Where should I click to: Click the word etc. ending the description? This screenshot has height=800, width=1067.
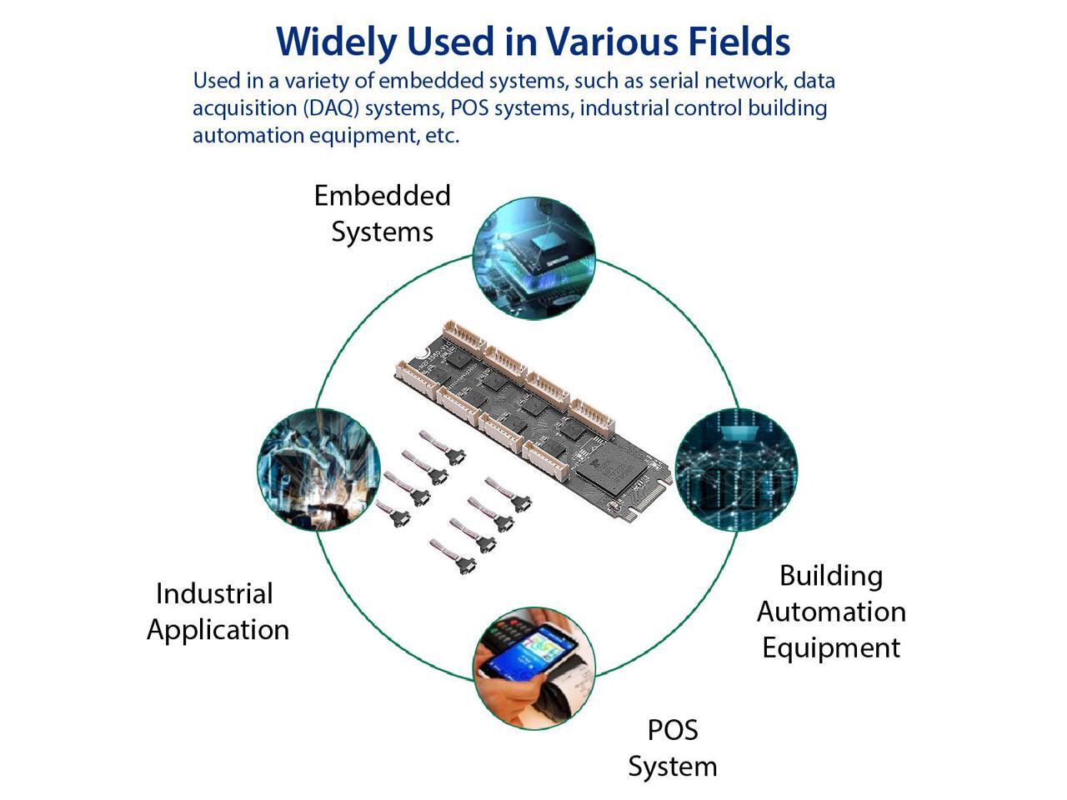click(442, 136)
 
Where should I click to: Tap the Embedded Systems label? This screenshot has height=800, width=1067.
click(382, 213)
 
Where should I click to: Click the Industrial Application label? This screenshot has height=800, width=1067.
click(218, 612)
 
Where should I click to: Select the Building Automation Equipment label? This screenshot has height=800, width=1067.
click(831, 612)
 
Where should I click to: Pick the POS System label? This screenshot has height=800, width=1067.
click(672, 748)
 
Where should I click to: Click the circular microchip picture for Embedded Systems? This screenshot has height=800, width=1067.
click(533, 258)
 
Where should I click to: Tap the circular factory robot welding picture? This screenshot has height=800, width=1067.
click(318, 470)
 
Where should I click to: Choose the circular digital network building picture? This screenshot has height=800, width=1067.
click(735, 470)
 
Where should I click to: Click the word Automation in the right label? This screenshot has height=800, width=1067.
click(831, 612)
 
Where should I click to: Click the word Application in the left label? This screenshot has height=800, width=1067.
click(218, 630)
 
